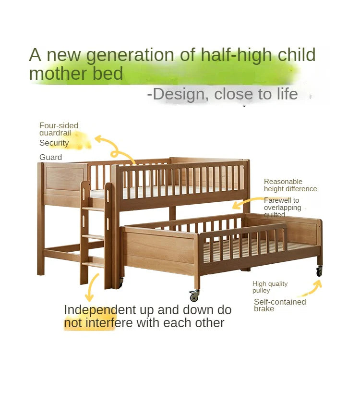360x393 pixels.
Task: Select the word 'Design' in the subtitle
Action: click(x=179, y=94)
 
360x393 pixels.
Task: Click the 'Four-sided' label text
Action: click(x=59, y=125)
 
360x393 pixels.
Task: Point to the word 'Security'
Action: click(x=54, y=143)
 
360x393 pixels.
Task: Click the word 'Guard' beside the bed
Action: click(x=50, y=157)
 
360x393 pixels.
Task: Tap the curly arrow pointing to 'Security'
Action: click(x=114, y=147)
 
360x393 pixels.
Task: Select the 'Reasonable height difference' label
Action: click(x=290, y=185)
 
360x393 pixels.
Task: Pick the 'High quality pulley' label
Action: click(x=270, y=287)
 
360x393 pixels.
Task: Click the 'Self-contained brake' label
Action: click(x=280, y=305)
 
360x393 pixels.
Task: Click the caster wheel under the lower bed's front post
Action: click(x=194, y=296)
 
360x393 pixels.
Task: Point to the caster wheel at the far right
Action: click(x=319, y=271)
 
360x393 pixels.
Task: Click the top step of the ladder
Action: click(x=94, y=209)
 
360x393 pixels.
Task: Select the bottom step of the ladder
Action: click(x=93, y=264)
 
